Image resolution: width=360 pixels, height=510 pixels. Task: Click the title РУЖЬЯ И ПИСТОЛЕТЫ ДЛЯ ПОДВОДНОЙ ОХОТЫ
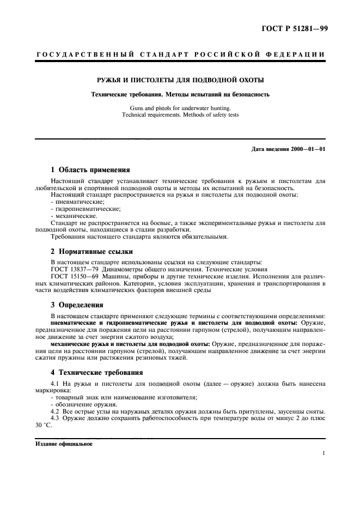pyautogui.click(x=180, y=80)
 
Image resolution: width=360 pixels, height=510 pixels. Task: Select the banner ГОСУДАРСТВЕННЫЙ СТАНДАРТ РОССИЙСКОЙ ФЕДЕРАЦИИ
pyautogui.click(x=180, y=55)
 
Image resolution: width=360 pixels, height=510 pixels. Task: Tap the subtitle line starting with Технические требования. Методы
pyautogui.click(x=180, y=94)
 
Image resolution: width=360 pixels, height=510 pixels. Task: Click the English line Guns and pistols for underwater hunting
pyautogui.click(x=180, y=108)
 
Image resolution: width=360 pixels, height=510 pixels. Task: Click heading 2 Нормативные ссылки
pyautogui.click(x=92, y=252)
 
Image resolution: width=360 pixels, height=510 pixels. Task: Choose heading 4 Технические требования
pyautogui.click(x=96, y=373)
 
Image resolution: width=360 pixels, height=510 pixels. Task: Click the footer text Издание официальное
pyautogui.click(x=64, y=444)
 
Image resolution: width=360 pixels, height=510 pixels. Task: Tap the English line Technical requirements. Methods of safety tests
pyautogui.click(x=180, y=115)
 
